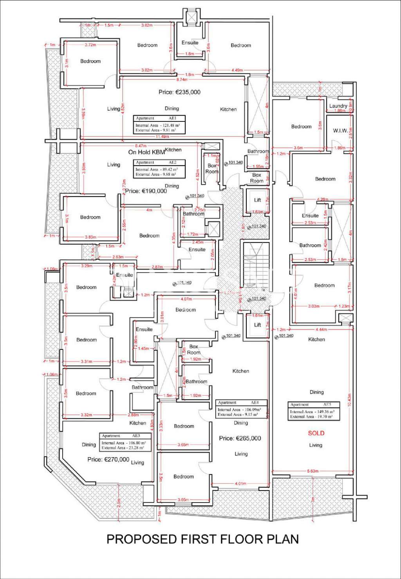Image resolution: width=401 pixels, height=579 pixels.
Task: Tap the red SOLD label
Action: coord(316,433)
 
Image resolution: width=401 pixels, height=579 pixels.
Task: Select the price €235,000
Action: coord(179,92)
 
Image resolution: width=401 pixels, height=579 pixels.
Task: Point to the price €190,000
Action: coord(146,191)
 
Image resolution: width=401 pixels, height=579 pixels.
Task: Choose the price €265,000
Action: coord(240,438)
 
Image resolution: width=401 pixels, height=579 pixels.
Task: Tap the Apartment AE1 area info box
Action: coord(159,125)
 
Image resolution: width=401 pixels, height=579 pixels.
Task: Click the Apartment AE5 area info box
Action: coord(314,411)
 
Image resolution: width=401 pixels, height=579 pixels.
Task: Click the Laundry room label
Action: coord(338,106)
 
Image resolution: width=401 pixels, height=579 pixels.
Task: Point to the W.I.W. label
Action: coord(340,130)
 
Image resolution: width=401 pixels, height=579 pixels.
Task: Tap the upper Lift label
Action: coord(257,200)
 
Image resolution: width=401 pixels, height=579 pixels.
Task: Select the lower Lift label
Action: coord(257,325)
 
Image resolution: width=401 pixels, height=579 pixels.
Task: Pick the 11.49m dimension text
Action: coord(162,137)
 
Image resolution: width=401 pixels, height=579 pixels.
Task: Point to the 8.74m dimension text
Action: coord(182,80)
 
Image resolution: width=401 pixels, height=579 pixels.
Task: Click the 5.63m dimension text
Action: coord(313,471)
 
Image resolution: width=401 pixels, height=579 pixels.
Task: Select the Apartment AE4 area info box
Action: coord(241,409)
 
